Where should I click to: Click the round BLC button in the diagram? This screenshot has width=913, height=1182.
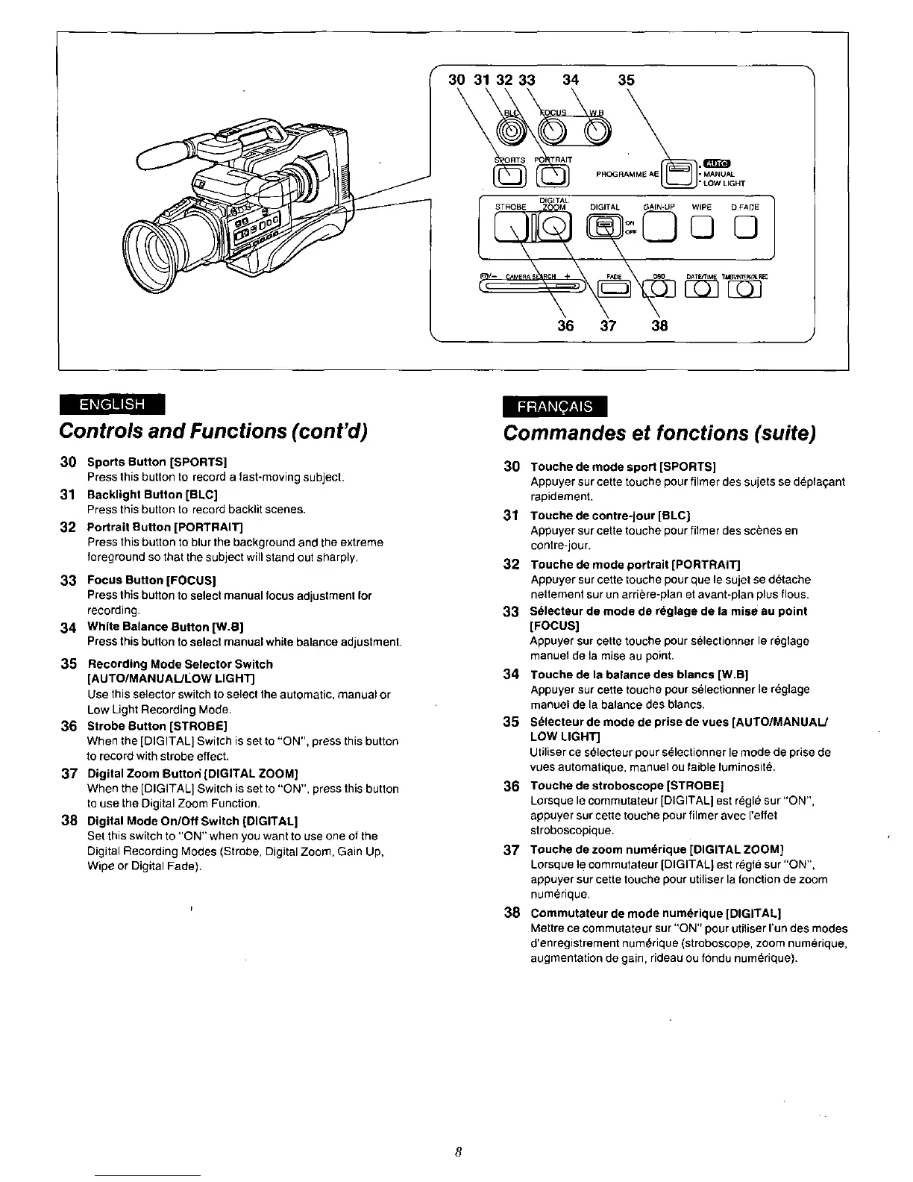click(x=511, y=132)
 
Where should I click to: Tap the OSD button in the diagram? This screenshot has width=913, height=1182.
click(x=659, y=286)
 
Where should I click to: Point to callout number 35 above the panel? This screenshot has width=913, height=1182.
click(x=627, y=80)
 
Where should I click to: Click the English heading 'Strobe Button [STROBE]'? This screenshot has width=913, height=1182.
click(x=157, y=725)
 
